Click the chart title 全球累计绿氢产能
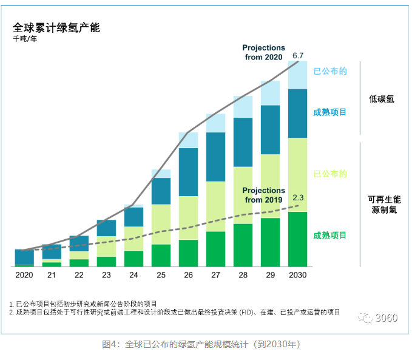click(x=56, y=28)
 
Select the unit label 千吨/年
click(x=25, y=40)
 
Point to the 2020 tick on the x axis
click(x=24, y=275)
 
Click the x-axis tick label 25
click(x=161, y=275)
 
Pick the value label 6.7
click(x=298, y=56)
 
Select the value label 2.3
click(x=298, y=197)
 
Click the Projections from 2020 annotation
click(x=263, y=52)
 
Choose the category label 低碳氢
click(x=381, y=98)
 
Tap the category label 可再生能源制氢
click(x=384, y=204)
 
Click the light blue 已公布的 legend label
click(x=330, y=71)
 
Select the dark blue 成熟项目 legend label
click(x=330, y=112)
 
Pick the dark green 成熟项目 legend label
click(x=330, y=235)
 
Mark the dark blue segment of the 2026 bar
click(x=188, y=172)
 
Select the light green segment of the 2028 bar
click(x=243, y=195)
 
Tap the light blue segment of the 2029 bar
click(x=270, y=93)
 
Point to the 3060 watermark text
click(x=386, y=318)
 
